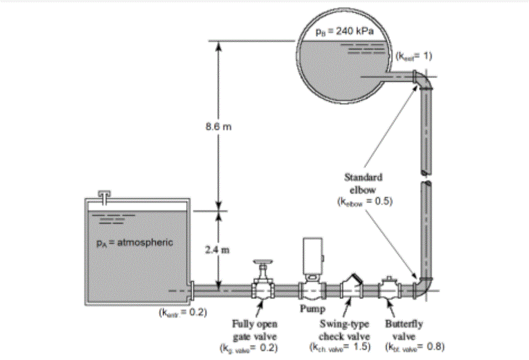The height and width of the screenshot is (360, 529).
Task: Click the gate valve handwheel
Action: [x=261, y=262]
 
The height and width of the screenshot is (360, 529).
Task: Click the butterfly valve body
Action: [x=389, y=290]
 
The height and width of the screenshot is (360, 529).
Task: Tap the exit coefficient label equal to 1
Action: [x=413, y=56]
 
